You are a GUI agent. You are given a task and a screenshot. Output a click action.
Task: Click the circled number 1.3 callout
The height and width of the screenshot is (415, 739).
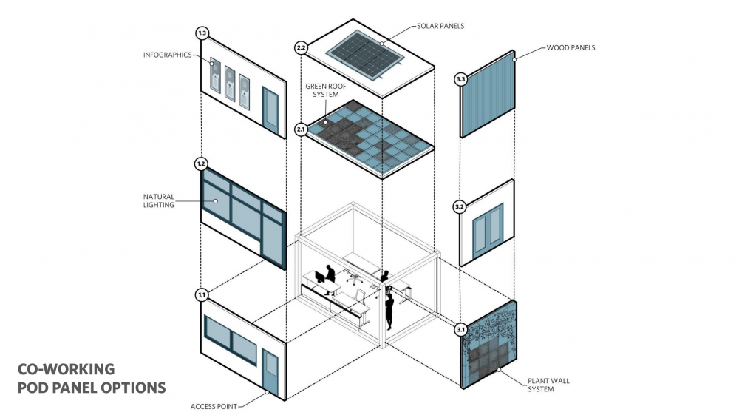click(x=202, y=33)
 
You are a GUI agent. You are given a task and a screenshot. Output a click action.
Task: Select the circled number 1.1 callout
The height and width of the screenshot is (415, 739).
click(x=201, y=294)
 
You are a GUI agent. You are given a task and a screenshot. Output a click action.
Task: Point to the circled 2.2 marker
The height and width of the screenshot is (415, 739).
click(x=301, y=48)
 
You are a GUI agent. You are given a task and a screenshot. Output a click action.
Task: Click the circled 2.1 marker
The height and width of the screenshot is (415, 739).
click(x=301, y=129)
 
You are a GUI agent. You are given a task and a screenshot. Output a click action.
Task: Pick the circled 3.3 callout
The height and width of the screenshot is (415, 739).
click(x=460, y=78)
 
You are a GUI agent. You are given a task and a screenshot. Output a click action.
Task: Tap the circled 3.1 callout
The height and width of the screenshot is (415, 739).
click(x=460, y=329)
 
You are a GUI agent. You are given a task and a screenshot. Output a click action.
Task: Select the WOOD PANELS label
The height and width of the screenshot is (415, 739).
click(x=571, y=47)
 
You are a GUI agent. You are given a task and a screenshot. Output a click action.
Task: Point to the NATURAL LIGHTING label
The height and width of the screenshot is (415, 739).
click(x=158, y=200)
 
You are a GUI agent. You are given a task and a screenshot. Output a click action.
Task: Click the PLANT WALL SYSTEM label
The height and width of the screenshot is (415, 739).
click(x=548, y=385)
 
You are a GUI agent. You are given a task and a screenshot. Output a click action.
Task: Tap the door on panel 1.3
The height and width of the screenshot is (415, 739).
click(x=271, y=111)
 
